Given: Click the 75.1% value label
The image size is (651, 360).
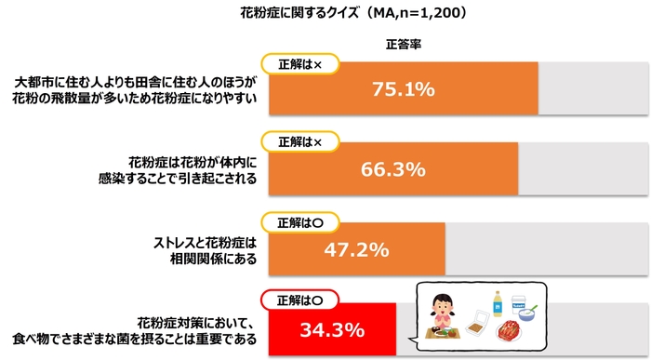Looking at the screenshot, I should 403,89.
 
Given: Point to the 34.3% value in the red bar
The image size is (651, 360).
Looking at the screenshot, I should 331,329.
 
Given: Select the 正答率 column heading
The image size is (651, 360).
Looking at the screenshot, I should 403,44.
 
